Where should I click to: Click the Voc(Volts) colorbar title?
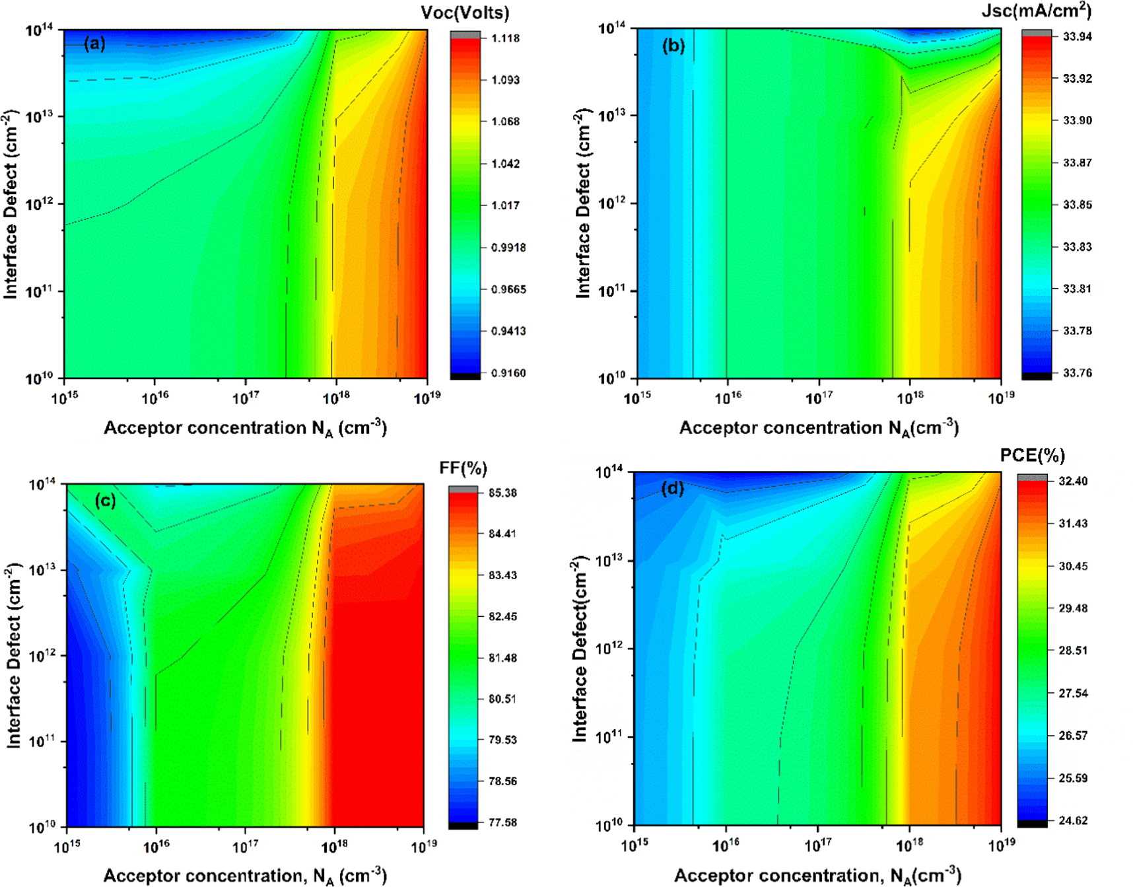pos(465,13)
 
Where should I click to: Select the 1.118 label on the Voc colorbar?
pos(505,38)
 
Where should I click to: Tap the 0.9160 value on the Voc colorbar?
pos(508,373)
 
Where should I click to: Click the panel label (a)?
pos(94,44)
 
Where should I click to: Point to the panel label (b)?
pos(673,46)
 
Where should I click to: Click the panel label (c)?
pos(105,500)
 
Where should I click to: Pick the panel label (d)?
pos(672,489)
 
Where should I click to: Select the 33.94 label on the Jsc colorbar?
pos(1077,36)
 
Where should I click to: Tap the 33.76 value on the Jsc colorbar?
pos(1077,373)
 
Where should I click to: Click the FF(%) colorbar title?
pos(463,468)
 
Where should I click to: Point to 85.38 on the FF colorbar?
pos(502,493)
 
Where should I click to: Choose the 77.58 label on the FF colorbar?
pos(502,822)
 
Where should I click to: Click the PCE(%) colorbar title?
pos(1032,455)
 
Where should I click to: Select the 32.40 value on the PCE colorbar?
pos(1073,481)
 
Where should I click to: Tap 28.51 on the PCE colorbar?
pos(1073,651)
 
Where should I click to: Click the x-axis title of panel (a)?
pos(245,428)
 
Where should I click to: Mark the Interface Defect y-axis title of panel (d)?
pos(579,649)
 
